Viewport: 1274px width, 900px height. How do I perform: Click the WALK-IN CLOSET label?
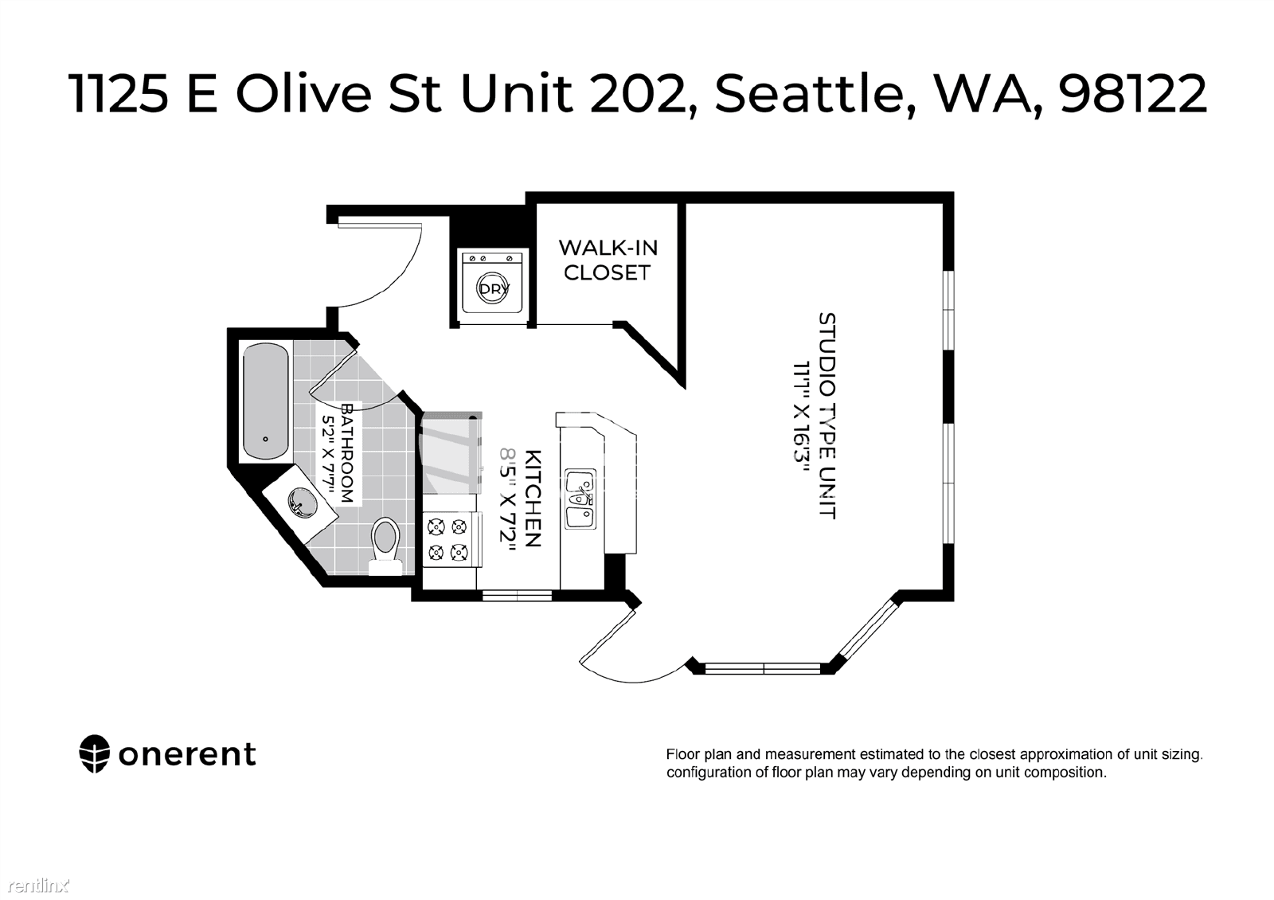[608, 260]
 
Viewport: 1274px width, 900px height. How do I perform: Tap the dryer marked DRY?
[493, 282]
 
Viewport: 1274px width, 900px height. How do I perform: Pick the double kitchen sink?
[580, 499]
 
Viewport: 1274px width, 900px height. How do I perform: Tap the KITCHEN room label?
[533, 499]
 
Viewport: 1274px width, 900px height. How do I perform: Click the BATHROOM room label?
[348, 453]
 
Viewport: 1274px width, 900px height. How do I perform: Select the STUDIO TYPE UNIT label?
[827, 415]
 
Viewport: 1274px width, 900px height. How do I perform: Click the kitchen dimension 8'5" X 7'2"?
[508, 499]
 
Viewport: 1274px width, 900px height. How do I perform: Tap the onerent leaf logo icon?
[94, 754]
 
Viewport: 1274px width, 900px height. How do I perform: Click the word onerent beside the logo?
[187, 755]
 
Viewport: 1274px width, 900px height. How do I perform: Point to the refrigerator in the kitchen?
[451, 453]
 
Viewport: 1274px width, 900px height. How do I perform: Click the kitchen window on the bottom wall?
[517, 596]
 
